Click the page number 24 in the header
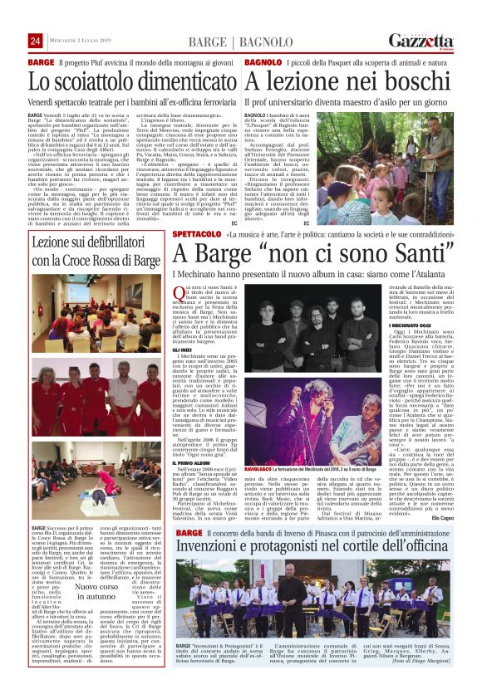[36, 41]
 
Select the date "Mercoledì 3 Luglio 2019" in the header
[82, 42]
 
